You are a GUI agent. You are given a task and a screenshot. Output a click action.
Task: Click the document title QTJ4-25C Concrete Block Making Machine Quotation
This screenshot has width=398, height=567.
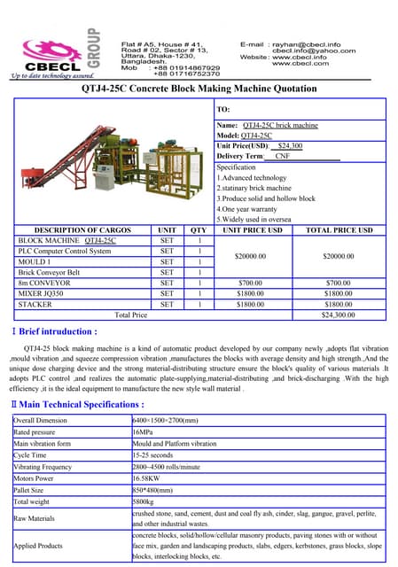tap(199, 89)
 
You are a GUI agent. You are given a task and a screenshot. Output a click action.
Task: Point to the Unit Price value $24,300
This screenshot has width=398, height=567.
tap(290, 145)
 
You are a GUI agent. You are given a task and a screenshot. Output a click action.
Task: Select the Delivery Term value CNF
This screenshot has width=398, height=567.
tap(283, 156)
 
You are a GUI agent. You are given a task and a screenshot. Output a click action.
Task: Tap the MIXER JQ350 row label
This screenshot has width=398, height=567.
tap(43, 293)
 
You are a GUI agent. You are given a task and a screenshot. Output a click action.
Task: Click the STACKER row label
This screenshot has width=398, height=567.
tap(35, 304)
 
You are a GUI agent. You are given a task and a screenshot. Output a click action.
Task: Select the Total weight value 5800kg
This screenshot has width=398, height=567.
tap(145, 501)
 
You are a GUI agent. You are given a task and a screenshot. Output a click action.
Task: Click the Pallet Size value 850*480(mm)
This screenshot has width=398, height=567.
tap(155, 489)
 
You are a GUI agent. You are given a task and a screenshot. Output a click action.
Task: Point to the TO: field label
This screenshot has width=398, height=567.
tap(223, 109)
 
